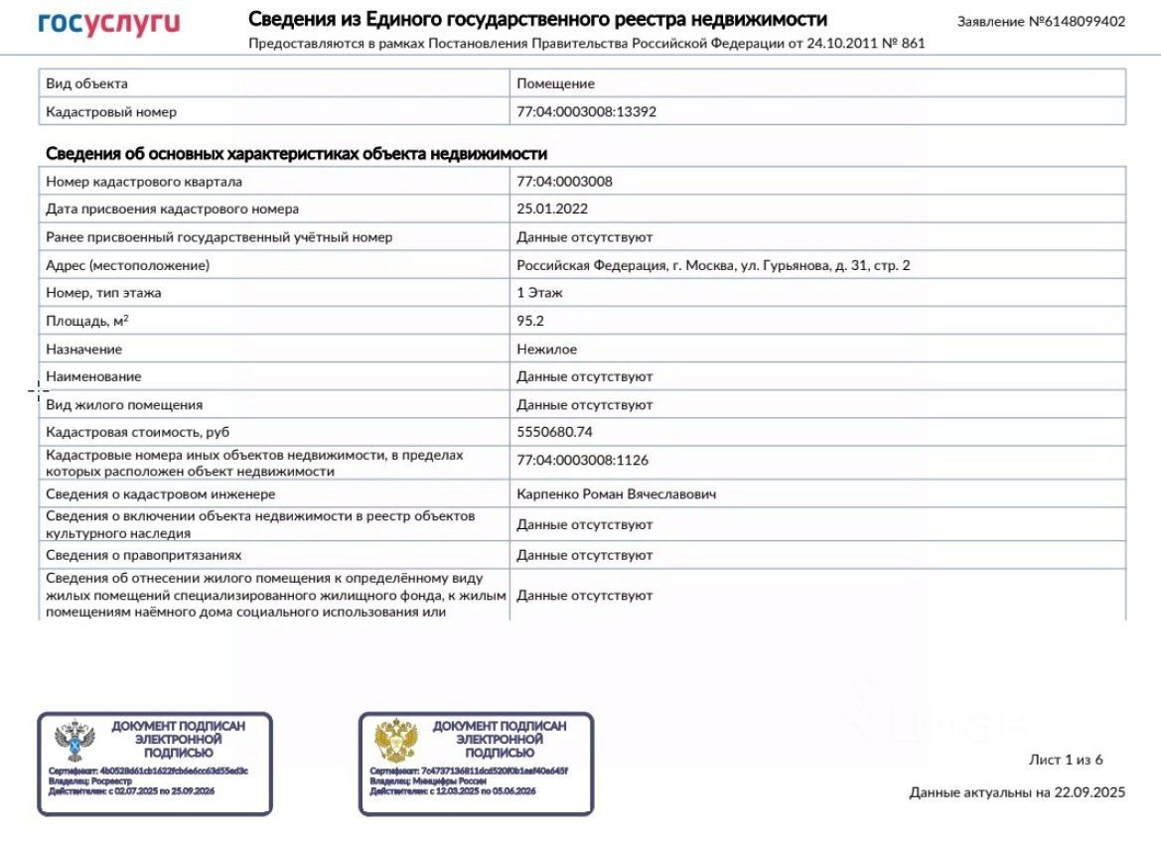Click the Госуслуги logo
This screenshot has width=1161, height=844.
[x=109, y=24]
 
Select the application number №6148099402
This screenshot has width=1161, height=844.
[x=1041, y=21]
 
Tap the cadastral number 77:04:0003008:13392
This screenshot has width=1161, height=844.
[x=586, y=112]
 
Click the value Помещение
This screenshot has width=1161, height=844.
[x=555, y=84]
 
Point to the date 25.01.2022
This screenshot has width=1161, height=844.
[x=552, y=210]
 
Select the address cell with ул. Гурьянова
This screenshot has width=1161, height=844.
[x=713, y=265]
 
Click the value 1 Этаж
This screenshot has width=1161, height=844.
[x=541, y=293]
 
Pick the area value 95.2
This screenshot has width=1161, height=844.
[x=530, y=321]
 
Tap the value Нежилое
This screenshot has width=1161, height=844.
[x=546, y=350]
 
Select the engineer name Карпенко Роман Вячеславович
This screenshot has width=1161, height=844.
[x=616, y=493]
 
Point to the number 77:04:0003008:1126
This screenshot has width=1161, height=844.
[x=582, y=461]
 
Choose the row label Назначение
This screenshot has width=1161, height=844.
[x=84, y=350]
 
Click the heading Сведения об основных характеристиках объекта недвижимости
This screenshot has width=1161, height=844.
[x=296, y=154]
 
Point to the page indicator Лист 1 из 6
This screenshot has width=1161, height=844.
[x=1066, y=760]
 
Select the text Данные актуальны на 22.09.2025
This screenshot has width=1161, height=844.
[x=1017, y=792]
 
